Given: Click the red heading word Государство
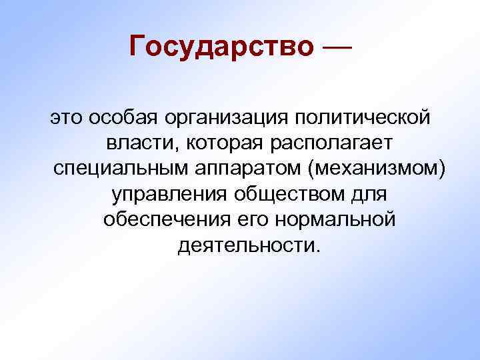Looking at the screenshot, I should click(221, 46).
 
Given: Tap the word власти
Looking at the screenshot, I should click(143, 143).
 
